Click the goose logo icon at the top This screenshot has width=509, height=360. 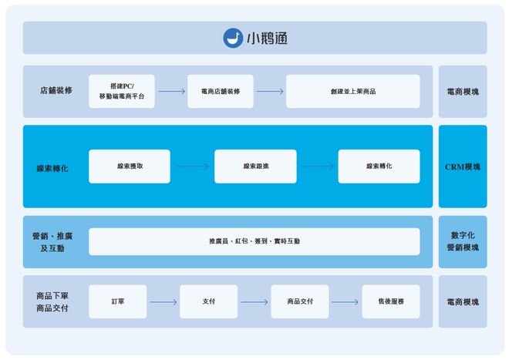tap(233, 38)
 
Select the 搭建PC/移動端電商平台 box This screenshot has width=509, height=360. tap(122, 91)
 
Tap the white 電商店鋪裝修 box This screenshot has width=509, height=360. tap(221, 91)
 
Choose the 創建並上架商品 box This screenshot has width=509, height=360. tap(352, 91)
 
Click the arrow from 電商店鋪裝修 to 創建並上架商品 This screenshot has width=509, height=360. tap(270, 91)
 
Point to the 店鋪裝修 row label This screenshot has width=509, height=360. tap(56, 91)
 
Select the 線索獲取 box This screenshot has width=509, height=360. tap(129, 167)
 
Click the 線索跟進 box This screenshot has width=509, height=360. tap(255, 167)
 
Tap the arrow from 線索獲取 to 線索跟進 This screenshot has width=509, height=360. tap(192, 167)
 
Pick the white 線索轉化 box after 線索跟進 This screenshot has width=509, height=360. tap(379, 167)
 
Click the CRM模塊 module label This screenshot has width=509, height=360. tap(463, 167)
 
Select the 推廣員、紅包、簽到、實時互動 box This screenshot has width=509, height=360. tap(254, 241)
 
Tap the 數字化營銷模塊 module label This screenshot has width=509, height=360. tap(463, 241)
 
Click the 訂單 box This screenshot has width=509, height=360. tap(117, 301)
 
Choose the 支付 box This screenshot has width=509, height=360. tap(208, 301)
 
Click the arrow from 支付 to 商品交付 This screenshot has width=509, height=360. tap(254, 301)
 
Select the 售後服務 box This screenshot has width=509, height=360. tap(391, 301)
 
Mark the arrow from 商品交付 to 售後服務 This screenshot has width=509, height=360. tap(345, 301)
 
